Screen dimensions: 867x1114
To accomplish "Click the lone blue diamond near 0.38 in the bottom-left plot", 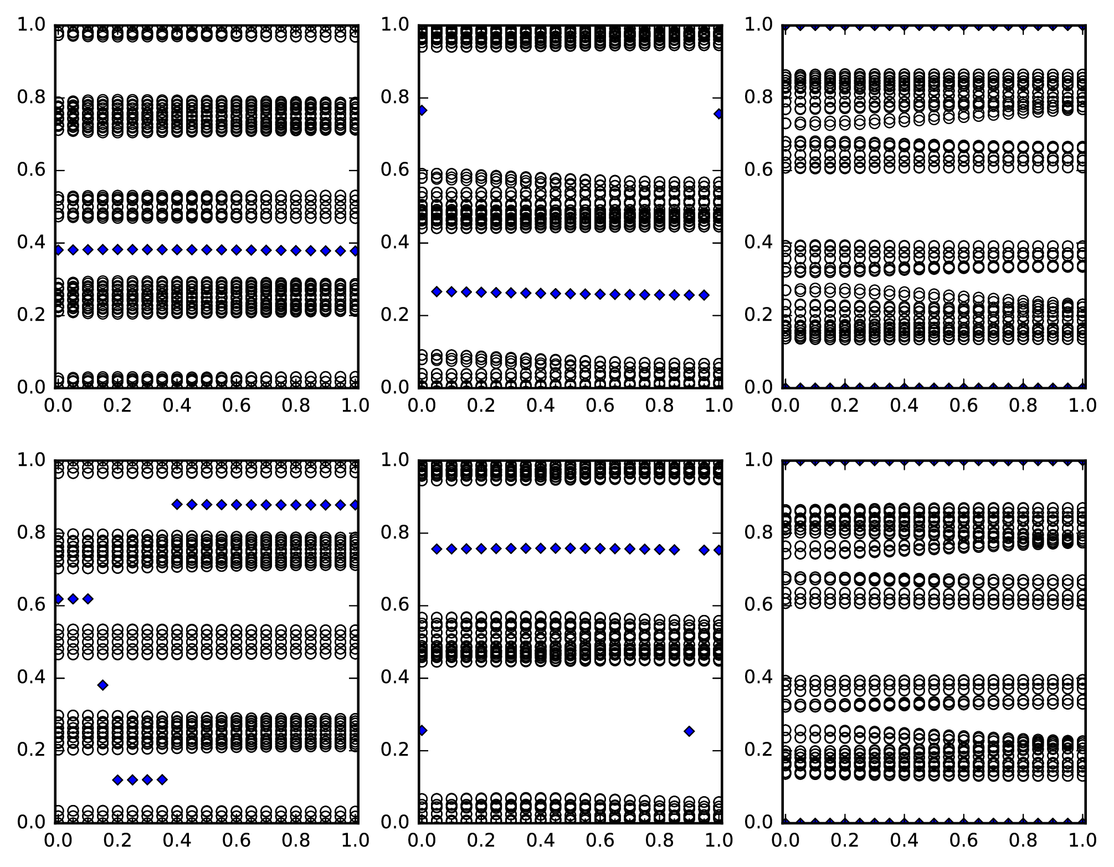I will pyautogui.click(x=102, y=685).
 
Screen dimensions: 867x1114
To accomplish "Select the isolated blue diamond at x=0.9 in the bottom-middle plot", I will pyautogui.click(x=689, y=731).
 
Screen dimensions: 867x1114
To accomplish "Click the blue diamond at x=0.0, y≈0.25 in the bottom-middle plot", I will pyautogui.click(x=422, y=731).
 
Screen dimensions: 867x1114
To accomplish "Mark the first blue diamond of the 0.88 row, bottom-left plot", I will pyautogui.click(x=177, y=504).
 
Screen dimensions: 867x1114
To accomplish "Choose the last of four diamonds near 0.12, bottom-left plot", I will pyautogui.click(x=162, y=779).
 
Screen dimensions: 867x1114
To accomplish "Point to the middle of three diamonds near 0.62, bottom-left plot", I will pyautogui.click(x=73, y=599).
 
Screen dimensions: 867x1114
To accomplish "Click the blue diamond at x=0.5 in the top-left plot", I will pyautogui.click(x=207, y=250).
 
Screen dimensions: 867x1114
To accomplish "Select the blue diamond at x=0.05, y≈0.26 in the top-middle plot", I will pyautogui.click(x=437, y=291).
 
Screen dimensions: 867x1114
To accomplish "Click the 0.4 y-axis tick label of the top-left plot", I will pyautogui.click(x=32, y=243).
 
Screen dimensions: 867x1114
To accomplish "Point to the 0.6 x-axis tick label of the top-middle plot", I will pyautogui.click(x=600, y=406).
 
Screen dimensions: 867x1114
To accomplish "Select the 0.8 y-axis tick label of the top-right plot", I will pyautogui.click(x=759, y=98).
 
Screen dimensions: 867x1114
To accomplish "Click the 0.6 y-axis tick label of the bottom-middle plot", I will pyautogui.click(x=396, y=605).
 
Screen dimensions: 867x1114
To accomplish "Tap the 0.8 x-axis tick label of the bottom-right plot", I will pyautogui.click(x=1025, y=840).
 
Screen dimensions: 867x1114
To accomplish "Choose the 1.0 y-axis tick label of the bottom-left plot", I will pyautogui.click(x=32, y=460).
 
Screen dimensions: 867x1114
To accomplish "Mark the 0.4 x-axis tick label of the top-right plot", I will pyautogui.click(x=905, y=406).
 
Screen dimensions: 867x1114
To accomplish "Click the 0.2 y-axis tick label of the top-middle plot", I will pyautogui.click(x=396, y=315).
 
